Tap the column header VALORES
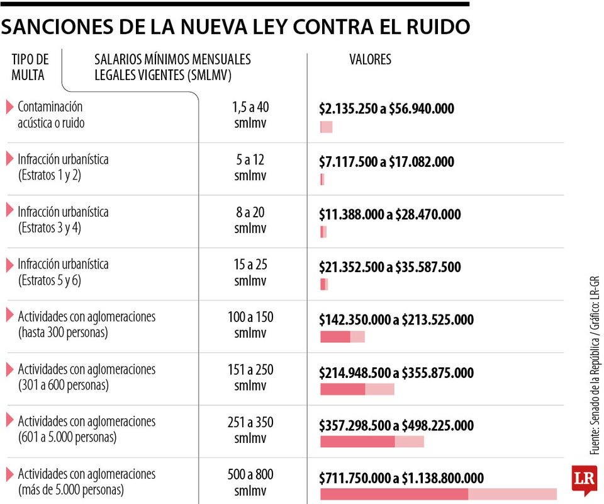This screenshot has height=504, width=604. [x=370, y=59]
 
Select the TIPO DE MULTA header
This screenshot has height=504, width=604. [x=30, y=67]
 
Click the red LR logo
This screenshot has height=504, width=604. [x=584, y=480]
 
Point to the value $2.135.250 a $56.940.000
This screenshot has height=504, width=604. [x=386, y=108]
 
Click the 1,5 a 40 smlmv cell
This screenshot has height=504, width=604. [x=250, y=114]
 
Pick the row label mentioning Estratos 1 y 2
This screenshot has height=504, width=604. [x=63, y=167]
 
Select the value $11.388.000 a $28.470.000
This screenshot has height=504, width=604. [x=389, y=215]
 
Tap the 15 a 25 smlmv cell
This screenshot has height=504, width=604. [x=250, y=272]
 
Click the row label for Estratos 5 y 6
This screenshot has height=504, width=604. [x=63, y=272]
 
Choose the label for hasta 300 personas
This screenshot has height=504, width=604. [x=86, y=324]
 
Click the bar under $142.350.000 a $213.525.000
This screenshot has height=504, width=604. [x=342, y=337]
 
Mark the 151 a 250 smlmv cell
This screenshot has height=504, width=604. [x=250, y=377]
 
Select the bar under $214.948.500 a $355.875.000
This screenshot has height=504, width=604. [x=357, y=389]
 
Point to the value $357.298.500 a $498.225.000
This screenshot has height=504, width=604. [x=396, y=426]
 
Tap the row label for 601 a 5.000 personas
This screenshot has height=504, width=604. [x=86, y=429]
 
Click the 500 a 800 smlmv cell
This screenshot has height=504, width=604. [x=250, y=482]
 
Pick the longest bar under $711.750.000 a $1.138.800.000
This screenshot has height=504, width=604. [x=438, y=494]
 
